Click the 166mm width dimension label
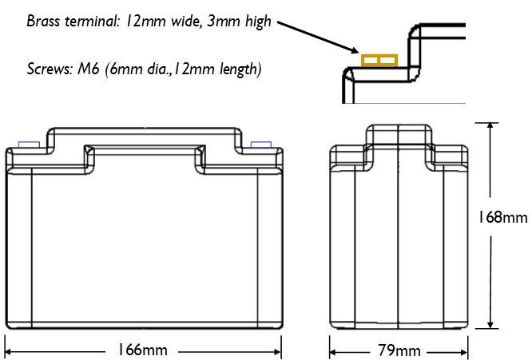142,350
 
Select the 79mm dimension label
399,350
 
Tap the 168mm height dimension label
503,217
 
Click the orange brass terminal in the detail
379,61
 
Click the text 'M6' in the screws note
88,69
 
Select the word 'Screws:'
50,69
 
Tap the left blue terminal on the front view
29,144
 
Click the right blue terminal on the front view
261,144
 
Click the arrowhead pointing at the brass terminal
354,50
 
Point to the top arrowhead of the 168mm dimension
490,126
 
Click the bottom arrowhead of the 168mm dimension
490,324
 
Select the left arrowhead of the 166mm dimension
9,352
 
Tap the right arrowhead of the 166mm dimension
277,352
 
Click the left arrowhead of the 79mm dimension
334,353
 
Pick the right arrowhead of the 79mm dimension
463,353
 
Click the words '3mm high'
239,21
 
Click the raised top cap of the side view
399,135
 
